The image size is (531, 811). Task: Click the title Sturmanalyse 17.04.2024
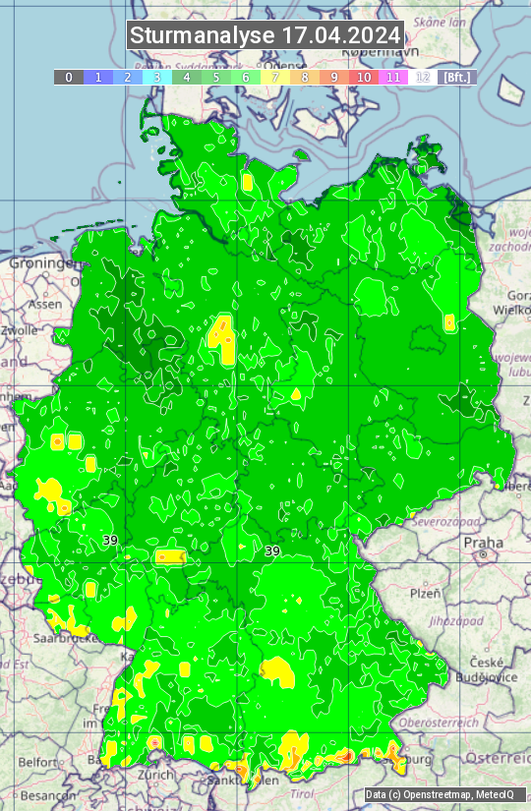pos(265,35)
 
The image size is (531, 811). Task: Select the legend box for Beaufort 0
pos(68,77)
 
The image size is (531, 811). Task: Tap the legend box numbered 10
pos(364,77)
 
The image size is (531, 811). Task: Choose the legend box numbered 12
pos(423,77)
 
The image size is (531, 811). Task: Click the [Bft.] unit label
pos(457,77)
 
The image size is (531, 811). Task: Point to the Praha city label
pos(483,542)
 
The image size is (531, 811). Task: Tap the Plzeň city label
pos(425,594)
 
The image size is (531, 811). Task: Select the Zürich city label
pos(154,774)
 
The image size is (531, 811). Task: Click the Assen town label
pos(44,305)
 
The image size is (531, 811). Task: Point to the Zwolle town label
pos(20,330)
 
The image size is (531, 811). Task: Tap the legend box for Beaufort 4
pos(187,77)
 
